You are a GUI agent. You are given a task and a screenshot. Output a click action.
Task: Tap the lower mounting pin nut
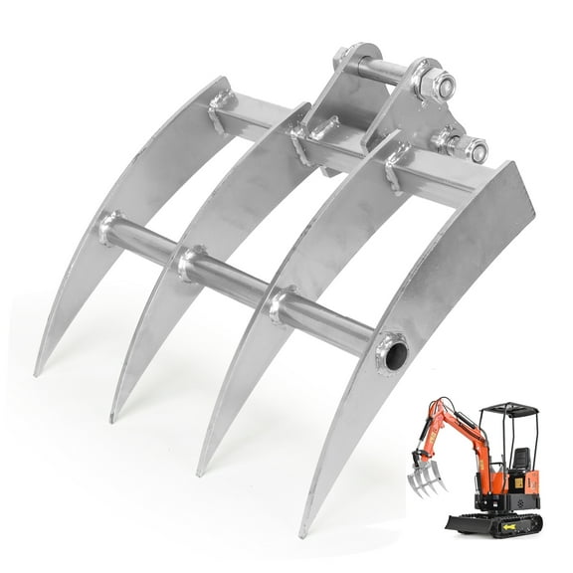[476, 151]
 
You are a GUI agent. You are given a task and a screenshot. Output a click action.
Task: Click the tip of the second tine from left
[113, 418]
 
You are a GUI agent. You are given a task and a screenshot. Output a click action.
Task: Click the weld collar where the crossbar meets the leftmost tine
[108, 229]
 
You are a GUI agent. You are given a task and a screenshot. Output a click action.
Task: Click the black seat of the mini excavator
[520, 459]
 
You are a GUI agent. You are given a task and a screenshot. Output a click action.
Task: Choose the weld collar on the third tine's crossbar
[282, 305]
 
